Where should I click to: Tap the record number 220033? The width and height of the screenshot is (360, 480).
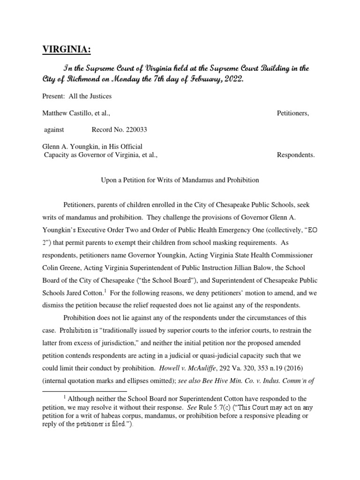coord(139,129)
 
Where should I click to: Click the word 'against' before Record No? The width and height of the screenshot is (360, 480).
coord(54,129)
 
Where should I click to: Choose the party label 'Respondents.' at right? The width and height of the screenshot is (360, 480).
coord(296,155)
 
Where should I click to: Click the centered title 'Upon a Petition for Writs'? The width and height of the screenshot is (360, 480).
coord(180,180)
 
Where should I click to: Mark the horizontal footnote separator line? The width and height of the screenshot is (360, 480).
coord(85,390)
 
